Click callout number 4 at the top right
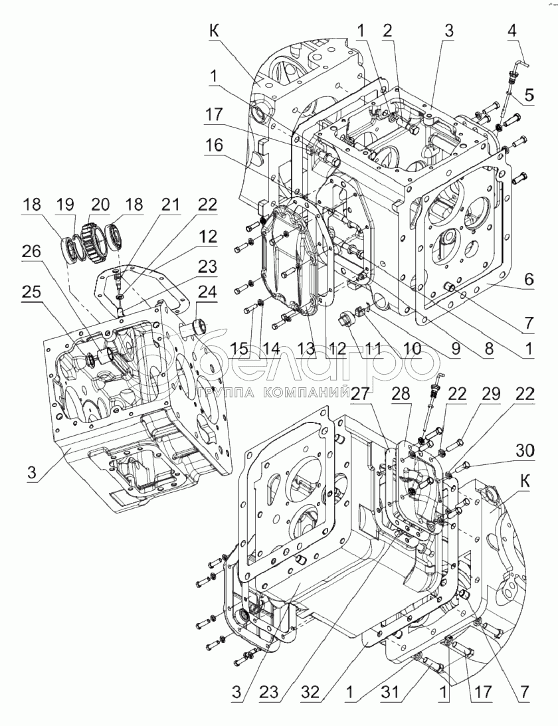pyautogui.click(x=511, y=32)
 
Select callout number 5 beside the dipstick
pyautogui.click(x=527, y=95)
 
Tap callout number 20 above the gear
pyautogui.click(x=100, y=205)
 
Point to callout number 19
pyautogui.click(x=66, y=205)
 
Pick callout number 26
pyautogui.click(x=31, y=252)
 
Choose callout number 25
pyautogui.click(x=31, y=292)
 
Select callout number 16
pyautogui.click(x=213, y=145)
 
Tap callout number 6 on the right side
pyautogui.click(x=527, y=279)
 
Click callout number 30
pyautogui.click(x=525, y=450)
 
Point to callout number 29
pyautogui.click(x=490, y=394)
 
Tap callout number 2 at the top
pyautogui.click(x=387, y=32)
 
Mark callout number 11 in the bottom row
pyautogui.click(x=371, y=348)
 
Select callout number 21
pyautogui.click(x=170, y=205)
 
